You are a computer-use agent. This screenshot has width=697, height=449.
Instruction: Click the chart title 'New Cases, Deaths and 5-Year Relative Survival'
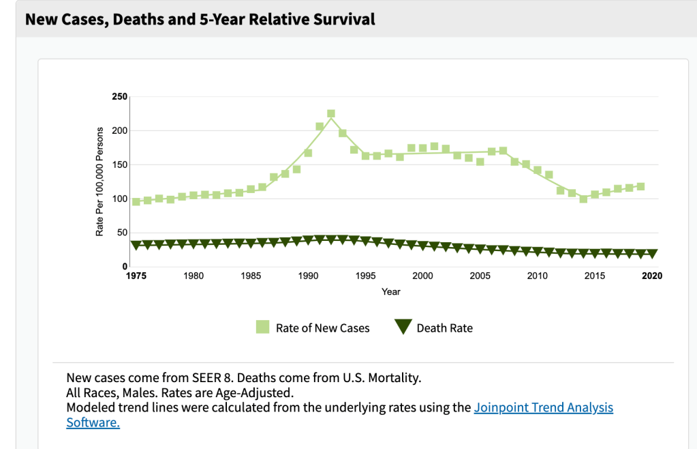pyautogui.click(x=200, y=19)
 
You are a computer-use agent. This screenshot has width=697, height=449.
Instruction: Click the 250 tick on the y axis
pyautogui.click(x=119, y=96)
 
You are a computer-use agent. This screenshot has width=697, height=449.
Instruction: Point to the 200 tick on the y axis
pyautogui.click(x=119, y=130)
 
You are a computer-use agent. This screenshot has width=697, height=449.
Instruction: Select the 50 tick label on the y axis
pyautogui.click(x=121, y=233)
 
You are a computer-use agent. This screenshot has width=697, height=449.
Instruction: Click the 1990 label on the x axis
pyautogui.click(x=308, y=276)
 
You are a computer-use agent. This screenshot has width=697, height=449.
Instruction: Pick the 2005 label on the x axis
pyautogui.click(x=480, y=276)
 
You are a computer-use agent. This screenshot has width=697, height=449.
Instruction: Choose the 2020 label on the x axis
pyautogui.click(x=652, y=276)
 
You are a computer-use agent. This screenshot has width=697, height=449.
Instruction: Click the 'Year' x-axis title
pyautogui.click(x=391, y=291)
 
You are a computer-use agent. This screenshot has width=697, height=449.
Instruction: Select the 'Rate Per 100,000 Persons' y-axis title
pyautogui.click(x=99, y=182)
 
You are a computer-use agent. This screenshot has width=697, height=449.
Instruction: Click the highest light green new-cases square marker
pyautogui.click(x=331, y=114)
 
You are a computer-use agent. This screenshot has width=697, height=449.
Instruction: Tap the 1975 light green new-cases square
pyautogui.click(x=136, y=201)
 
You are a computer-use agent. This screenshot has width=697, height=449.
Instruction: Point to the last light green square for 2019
pyautogui.click(x=640, y=186)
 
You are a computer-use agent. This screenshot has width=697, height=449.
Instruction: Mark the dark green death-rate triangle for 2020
pyautogui.click(x=652, y=254)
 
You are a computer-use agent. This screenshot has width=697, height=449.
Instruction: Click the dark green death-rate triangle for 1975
pyautogui.click(x=136, y=245)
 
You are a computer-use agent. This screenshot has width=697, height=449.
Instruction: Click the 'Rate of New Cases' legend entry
pyautogui.click(x=313, y=328)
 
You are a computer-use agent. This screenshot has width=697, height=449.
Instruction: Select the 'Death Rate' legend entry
pyautogui.click(x=434, y=328)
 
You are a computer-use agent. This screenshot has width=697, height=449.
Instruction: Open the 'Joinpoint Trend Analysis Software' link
pyautogui.click(x=543, y=408)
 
